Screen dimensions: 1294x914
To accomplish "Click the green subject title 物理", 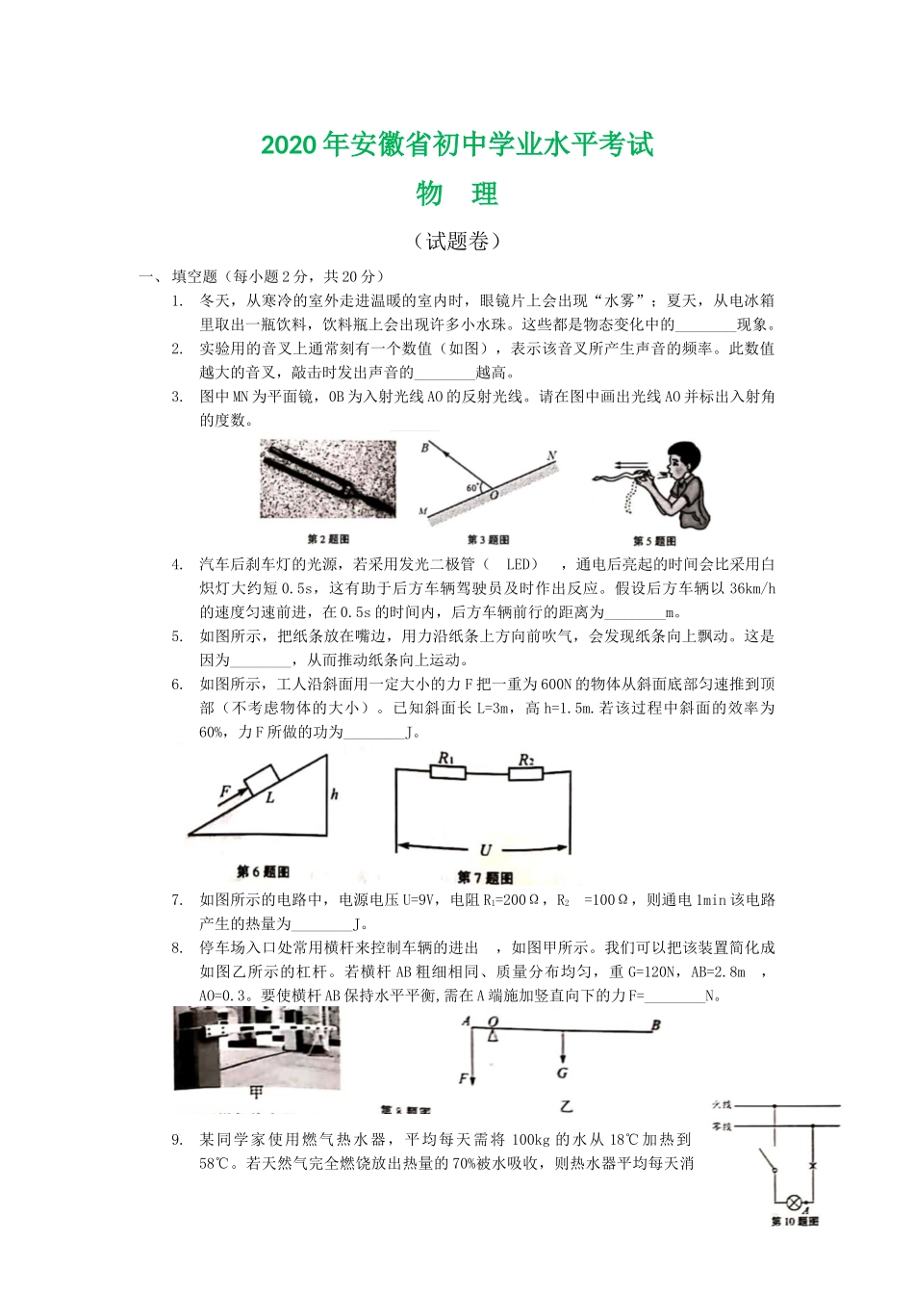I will (x=457, y=194).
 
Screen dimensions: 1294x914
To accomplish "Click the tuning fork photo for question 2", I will (x=328, y=479).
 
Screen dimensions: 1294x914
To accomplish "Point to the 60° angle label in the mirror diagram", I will (x=473, y=488).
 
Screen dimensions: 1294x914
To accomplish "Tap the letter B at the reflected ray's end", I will (x=424, y=448).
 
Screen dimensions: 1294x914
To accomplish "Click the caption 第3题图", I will (x=488, y=540).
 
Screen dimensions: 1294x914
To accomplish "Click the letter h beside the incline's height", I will (x=334, y=794).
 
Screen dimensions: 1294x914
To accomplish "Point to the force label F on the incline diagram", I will (x=224, y=791).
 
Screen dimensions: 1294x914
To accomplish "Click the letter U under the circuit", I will (x=486, y=849).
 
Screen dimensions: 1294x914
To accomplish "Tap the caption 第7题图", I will (x=485, y=877).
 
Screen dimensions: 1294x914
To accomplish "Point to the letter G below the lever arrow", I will (x=562, y=1073).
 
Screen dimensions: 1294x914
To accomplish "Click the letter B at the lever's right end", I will (x=656, y=1024).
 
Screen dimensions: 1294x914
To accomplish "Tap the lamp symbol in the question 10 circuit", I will (x=795, y=1203).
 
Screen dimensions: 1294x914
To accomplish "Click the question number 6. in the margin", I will (x=177, y=685).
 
